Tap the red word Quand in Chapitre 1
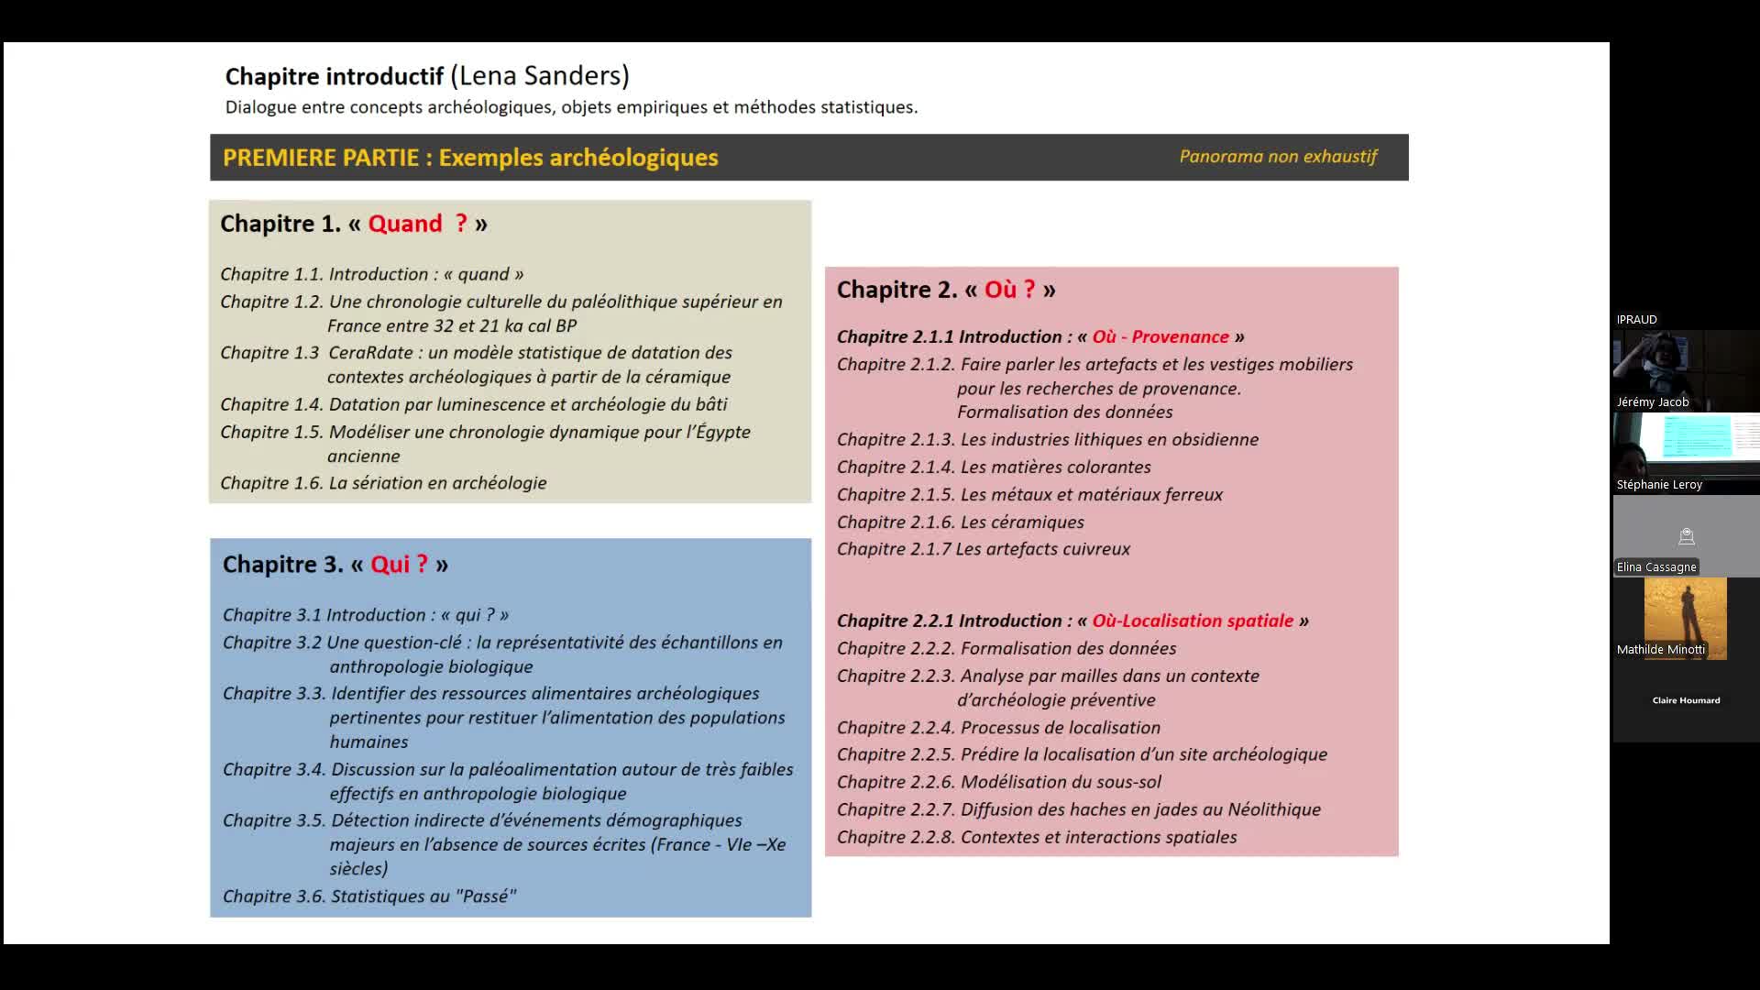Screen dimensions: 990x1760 pos(405,224)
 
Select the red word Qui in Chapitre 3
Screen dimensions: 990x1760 pos(390,565)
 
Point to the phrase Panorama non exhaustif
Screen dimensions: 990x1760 pos(1278,157)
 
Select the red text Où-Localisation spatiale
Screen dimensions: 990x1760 pos(1193,621)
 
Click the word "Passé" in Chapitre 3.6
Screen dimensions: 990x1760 pos(489,896)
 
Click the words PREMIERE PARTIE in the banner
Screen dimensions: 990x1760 pos(321,158)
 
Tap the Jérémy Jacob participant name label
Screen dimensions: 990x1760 pos(1653,402)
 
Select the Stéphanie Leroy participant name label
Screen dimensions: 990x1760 pos(1659,485)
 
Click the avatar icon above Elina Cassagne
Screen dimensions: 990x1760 pos(1686,536)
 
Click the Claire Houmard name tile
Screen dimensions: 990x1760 pos(1686,700)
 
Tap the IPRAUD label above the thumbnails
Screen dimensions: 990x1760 pos(1636,320)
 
